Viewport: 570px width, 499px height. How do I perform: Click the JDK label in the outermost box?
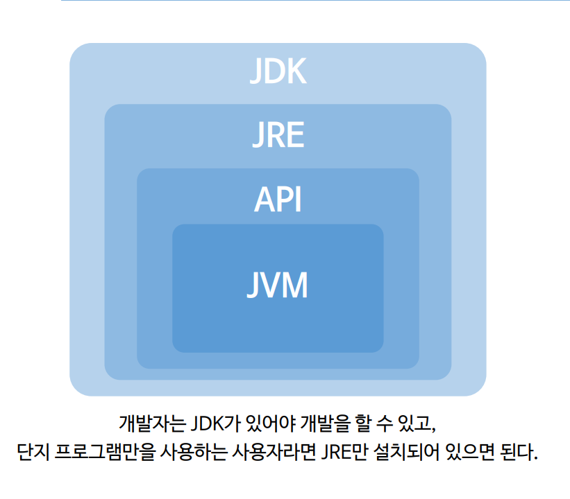tap(278, 71)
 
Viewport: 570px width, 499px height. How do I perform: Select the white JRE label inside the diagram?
tap(278, 136)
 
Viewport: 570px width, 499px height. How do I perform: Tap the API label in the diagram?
tap(278, 200)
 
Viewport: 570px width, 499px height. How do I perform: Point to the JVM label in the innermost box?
tap(278, 285)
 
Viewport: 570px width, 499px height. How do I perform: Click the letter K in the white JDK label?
tap(296, 71)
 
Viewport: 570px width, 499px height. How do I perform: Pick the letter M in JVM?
tap(294, 285)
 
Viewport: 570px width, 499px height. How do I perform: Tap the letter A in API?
tap(264, 200)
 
